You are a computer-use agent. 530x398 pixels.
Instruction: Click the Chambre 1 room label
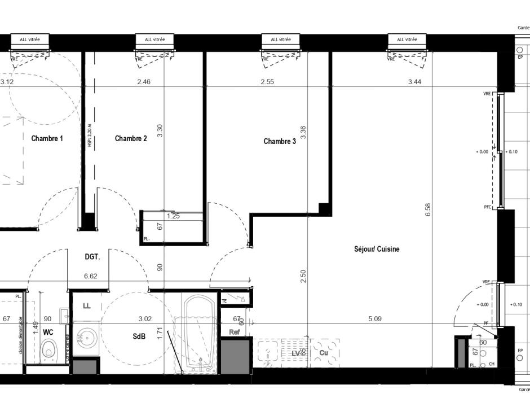tap(47, 138)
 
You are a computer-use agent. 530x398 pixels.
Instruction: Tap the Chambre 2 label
tap(131, 138)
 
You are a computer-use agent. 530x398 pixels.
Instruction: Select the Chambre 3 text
tap(280, 142)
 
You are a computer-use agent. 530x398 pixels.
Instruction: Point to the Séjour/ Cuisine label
tap(377, 249)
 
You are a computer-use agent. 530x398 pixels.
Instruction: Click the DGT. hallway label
tap(92, 257)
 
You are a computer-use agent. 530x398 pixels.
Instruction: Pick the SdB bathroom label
tap(139, 336)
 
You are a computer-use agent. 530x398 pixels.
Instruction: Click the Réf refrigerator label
tap(235, 332)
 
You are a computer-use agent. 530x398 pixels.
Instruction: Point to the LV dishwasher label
tap(296, 353)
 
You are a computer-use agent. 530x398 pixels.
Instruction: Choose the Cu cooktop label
tap(324, 353)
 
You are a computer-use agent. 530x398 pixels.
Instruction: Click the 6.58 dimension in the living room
tap(428, 210)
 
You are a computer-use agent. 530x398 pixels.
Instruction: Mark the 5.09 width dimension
tap(375, 319)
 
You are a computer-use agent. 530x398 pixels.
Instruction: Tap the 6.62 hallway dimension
tap(91, 277)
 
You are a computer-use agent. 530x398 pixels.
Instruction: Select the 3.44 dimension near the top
tap(415, 82)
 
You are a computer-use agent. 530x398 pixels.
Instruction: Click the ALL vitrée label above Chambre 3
tap(281, 40)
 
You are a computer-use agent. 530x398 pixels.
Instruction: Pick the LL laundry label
tap(86, 306)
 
